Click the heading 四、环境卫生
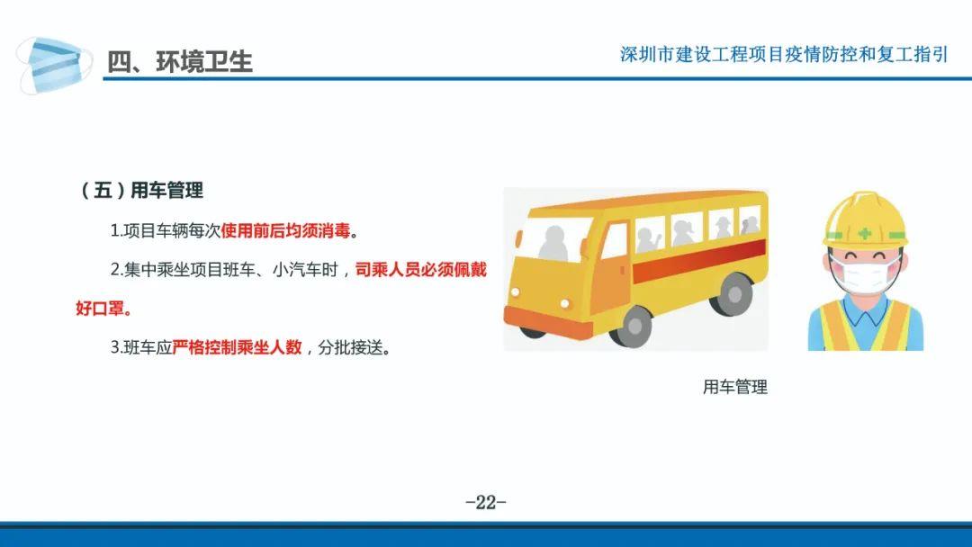point(180,62)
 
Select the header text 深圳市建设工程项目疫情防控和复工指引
point(784,55)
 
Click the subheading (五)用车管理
point(142,190)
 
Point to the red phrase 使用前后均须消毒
point(286,231)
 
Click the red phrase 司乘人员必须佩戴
point(421,270)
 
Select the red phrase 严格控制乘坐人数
point(237,347)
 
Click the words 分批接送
point(350,347)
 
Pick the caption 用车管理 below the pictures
point(734,387)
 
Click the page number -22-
point(486,502)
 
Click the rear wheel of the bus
point(733,294)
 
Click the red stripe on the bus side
point(699,260)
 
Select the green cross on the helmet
point(865,234)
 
